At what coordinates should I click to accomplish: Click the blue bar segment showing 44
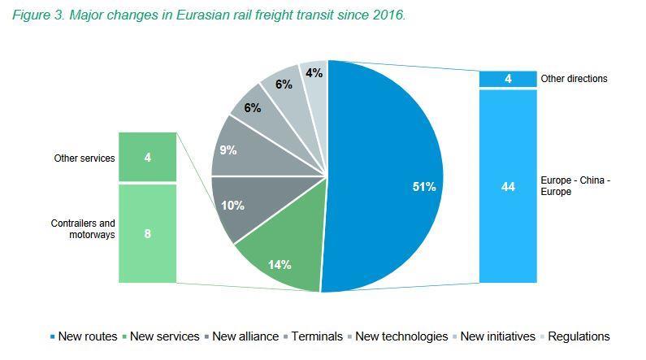[508, 186]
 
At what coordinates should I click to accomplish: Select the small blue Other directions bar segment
[508, 79]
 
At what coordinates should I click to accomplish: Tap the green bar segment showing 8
[147, 233]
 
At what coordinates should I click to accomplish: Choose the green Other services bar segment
[147, 157]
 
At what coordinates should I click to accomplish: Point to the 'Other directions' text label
[574, 79]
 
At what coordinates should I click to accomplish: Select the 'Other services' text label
[85, 158]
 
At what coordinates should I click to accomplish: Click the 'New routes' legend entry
[84, 336]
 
